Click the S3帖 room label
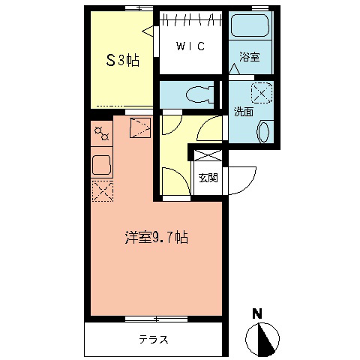click(x=122, y=60)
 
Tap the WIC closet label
click(x=190, y=46)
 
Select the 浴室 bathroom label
click(x=250, y=58)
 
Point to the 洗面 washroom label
click(x=243, y=112)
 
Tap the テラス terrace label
click(x=154, y=339)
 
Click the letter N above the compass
click(x=257, y=313)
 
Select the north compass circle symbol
click(x=262, y=337)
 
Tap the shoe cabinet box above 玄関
click(x=208, y=156)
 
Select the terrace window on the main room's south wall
click(x=155, y=319)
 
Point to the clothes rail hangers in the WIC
click(x=190, y=19)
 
